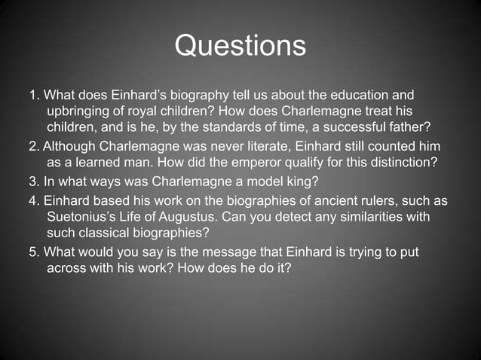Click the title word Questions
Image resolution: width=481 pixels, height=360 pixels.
pyautogui.click(x=240, y=46)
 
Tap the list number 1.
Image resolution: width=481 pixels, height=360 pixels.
pyautogui.click(x=32, y=96)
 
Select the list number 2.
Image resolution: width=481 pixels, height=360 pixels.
pyautogui.click(x=32, y=145)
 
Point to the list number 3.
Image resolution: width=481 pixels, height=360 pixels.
pyautogui.click(x=32, y=182)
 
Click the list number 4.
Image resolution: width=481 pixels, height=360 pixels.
pyautogui.click(x=32, y=202)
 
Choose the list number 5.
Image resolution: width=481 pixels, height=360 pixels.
pyautogui.click(x=32, y=252)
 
